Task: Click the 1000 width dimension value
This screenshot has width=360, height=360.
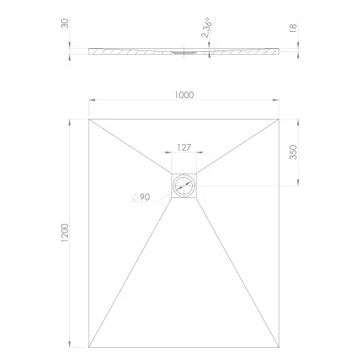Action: click(184, 94)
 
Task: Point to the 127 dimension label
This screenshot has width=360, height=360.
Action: click(184, 147)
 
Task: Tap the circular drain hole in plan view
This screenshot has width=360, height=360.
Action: click(184, 186)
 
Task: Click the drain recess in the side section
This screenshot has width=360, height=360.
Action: click(184, 51)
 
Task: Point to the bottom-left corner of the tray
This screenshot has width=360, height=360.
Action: click(89, 346)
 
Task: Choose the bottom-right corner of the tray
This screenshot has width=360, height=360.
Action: click(279, 346)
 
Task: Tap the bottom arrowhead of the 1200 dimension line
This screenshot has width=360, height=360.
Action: click(71, 343)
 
